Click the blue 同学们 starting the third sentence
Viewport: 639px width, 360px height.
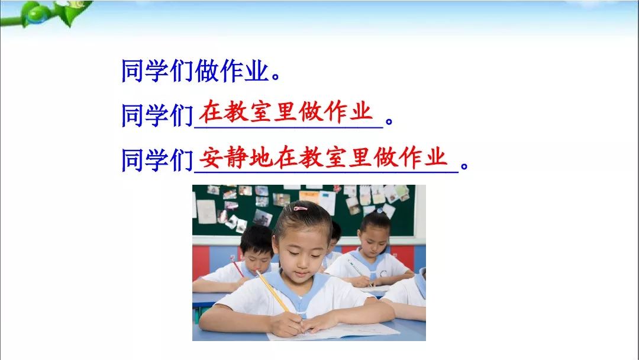(157, 160)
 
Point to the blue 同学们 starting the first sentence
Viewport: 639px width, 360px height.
(157, 72)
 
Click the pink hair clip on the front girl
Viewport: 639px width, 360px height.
(300, 208)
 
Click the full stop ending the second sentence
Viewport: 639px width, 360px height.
(389, 123)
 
